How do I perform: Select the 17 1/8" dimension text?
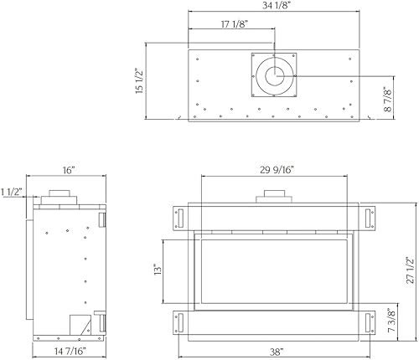pos(235,24)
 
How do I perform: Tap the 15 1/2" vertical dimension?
pos(139,81)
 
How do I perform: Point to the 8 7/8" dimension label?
pos(388,100)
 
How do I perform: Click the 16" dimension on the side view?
pos(68,170)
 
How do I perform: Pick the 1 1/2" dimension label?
pos(12,192)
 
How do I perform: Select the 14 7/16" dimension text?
pos(70,351)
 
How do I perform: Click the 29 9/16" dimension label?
pos(277,170)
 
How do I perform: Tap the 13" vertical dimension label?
pos(158,270)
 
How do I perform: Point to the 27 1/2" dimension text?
pos(410,270)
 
